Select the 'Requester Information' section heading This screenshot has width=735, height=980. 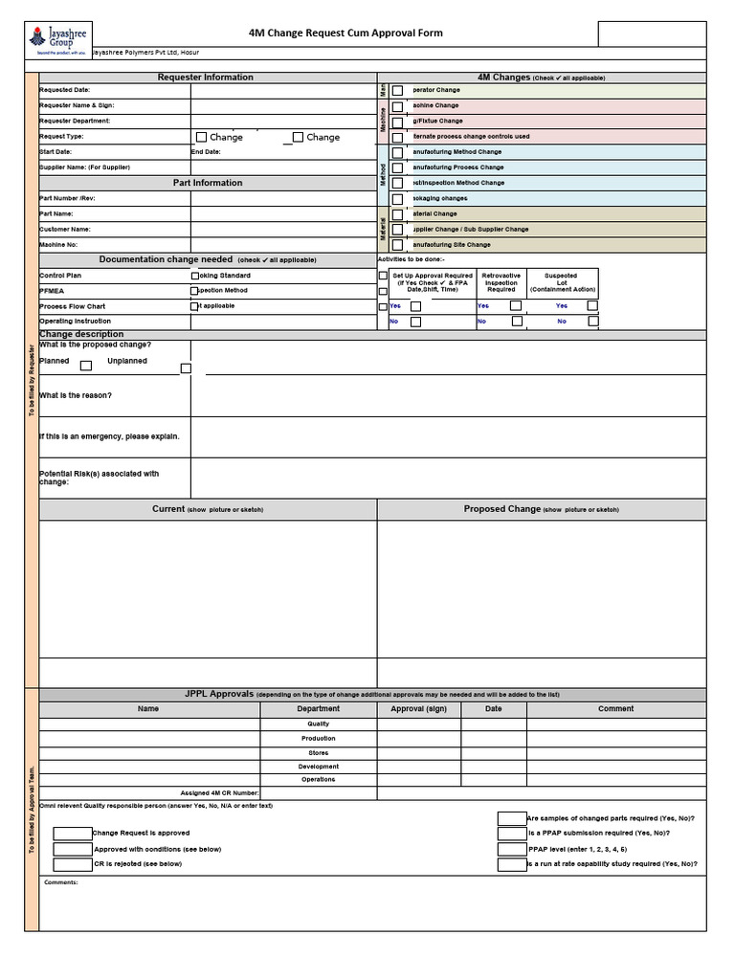tap(206, 78)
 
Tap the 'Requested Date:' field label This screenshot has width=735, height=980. tap(65, 90)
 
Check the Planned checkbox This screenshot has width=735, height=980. tap(86, 366)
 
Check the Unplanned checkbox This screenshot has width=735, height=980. tap(186, 368)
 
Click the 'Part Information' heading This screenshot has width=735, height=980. tap(208, 183)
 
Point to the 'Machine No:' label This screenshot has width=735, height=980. tap(59, 245)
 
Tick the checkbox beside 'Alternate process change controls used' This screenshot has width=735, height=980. tap(397, 137)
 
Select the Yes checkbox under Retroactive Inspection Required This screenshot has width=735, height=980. tap(516, 305)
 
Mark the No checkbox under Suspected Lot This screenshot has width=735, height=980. tap(593, 322)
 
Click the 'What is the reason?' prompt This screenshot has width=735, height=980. tap(76, 395)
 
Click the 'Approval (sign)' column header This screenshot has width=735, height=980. tap(418, 709)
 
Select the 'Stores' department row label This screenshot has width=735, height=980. tap(318, 753)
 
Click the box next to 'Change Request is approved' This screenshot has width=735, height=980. tap(73, 834)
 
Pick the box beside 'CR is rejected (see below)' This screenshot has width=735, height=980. tap(73, 864)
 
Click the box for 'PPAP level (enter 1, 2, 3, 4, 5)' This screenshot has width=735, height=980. tap(512, 849)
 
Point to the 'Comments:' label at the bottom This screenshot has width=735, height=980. tap(60, 882)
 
